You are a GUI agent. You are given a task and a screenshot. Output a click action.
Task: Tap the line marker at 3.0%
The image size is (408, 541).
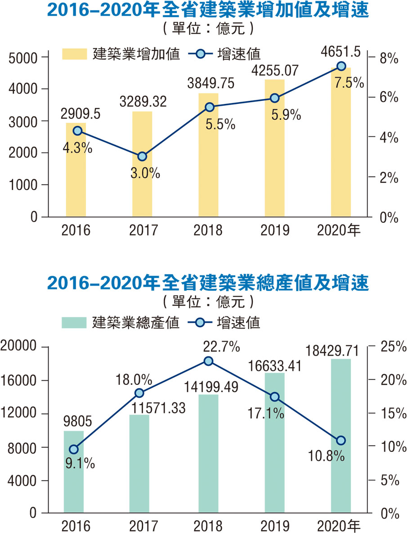(x=142, y=157)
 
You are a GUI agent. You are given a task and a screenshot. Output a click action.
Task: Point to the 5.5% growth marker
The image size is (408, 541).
(x=209, y=107)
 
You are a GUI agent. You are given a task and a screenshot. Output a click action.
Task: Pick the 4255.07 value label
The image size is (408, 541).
(x=274, y=71)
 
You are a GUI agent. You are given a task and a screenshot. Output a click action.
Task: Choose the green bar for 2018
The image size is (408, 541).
(x=208, y=455)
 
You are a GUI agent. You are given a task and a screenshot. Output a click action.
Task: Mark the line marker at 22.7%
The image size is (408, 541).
(x=208, y=361)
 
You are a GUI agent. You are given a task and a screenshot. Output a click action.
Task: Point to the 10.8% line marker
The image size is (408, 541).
(x=341, y=440)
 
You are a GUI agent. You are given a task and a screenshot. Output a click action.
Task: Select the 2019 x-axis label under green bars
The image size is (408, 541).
(x=274, y=526)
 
